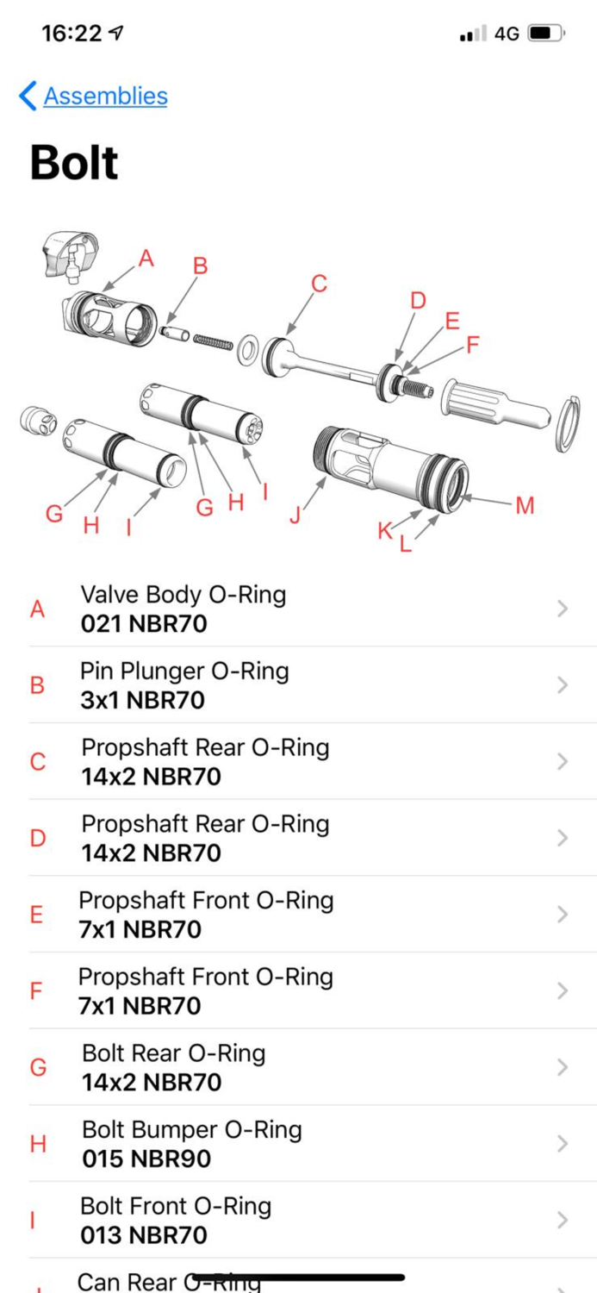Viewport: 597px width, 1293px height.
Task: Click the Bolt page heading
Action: [74, 163]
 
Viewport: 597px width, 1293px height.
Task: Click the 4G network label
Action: [507, 34]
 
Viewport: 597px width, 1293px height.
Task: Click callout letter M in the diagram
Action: [525, 505]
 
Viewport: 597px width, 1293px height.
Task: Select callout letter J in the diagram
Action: [295, 515]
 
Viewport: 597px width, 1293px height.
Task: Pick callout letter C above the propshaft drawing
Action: [319, 284]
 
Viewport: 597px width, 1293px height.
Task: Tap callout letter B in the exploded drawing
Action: [200, 266]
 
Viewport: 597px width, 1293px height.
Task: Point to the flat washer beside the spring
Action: [250, 349]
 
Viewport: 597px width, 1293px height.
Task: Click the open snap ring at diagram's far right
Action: [564, 424]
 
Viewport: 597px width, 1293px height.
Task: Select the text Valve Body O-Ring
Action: [183, 594]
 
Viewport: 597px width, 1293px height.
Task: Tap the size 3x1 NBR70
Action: [142, 700]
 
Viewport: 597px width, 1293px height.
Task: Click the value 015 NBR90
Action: [146, 1159]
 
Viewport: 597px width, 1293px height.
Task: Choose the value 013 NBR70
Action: [144, 1235]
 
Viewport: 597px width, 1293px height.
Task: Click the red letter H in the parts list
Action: [38, 1144]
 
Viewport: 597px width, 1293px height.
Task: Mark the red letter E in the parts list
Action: [36, 915]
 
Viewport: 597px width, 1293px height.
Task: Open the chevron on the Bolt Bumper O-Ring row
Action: [563, 1144]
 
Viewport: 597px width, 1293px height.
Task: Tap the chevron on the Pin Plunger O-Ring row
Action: [563, 685]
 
